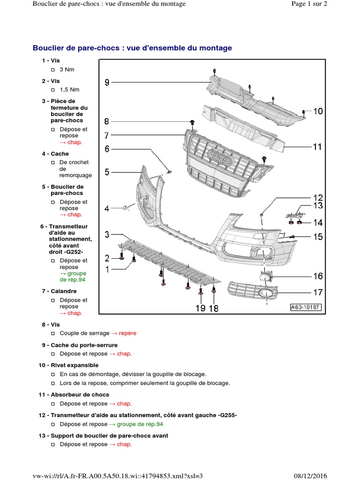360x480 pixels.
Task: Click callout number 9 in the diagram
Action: [107, 83]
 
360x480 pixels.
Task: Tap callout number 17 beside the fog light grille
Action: [318, 292]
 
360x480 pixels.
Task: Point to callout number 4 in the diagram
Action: [107, 209]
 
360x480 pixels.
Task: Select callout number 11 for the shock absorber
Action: [317, 147]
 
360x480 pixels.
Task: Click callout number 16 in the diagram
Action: [318, 276]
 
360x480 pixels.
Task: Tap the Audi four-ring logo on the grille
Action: [220, 158]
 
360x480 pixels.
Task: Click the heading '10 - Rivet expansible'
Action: [68, 365]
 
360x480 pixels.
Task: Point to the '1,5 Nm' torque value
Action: [69, 90]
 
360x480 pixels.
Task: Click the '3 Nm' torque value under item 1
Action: [67, 69]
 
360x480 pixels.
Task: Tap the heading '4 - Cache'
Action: [55, 154]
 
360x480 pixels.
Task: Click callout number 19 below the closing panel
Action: [200, 308]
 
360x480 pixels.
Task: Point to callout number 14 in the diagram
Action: [318, 223]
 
